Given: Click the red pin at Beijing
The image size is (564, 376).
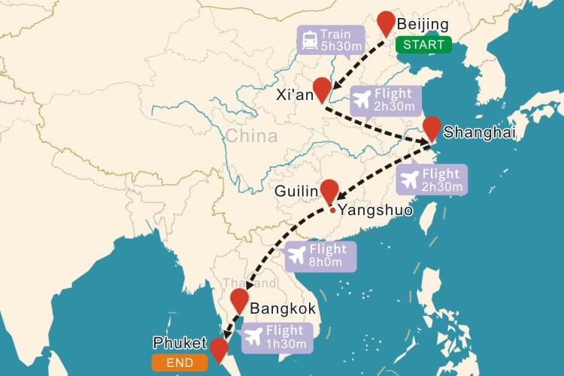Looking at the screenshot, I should [387, 23].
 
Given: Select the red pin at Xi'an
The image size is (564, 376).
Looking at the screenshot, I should [322, 89].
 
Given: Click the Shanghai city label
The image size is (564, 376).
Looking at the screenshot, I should [480, 133].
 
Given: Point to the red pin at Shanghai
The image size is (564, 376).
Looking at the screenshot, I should [432, 127].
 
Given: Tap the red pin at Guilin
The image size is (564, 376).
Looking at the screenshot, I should [329, 191].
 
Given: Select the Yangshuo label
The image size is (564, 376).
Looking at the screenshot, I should [375, 211].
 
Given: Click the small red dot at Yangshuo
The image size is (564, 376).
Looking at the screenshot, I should [332, 210].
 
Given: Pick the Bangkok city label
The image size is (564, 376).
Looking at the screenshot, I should [283, 308].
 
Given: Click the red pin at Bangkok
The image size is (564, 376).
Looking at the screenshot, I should [239, 300].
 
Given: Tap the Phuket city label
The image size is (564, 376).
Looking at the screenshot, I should [179, 343].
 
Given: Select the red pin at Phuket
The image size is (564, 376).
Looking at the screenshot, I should [219, 349].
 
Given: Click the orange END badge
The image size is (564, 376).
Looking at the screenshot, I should [178, 363].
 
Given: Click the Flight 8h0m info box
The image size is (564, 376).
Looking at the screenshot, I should [320, 256].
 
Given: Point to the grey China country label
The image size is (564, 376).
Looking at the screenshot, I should [251, 137].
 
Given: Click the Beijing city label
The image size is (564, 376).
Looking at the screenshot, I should [422, 25].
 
